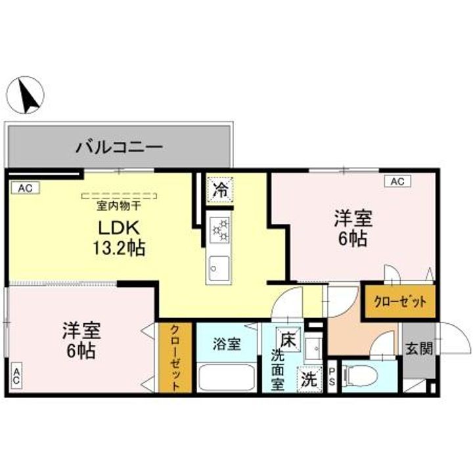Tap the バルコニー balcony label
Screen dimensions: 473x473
point(118,146)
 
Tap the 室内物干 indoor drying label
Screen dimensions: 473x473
point(119,206)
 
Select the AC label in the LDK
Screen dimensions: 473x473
point(24,189)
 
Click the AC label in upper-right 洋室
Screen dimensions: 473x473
point(397,181)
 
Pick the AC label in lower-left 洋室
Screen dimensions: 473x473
point(15,378)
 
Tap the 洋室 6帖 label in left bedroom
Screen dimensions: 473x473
point(79,339)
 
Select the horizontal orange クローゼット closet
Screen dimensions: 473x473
point(400,302)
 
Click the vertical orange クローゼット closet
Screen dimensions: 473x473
point(176,358)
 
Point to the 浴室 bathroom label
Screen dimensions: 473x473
point(227,343)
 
